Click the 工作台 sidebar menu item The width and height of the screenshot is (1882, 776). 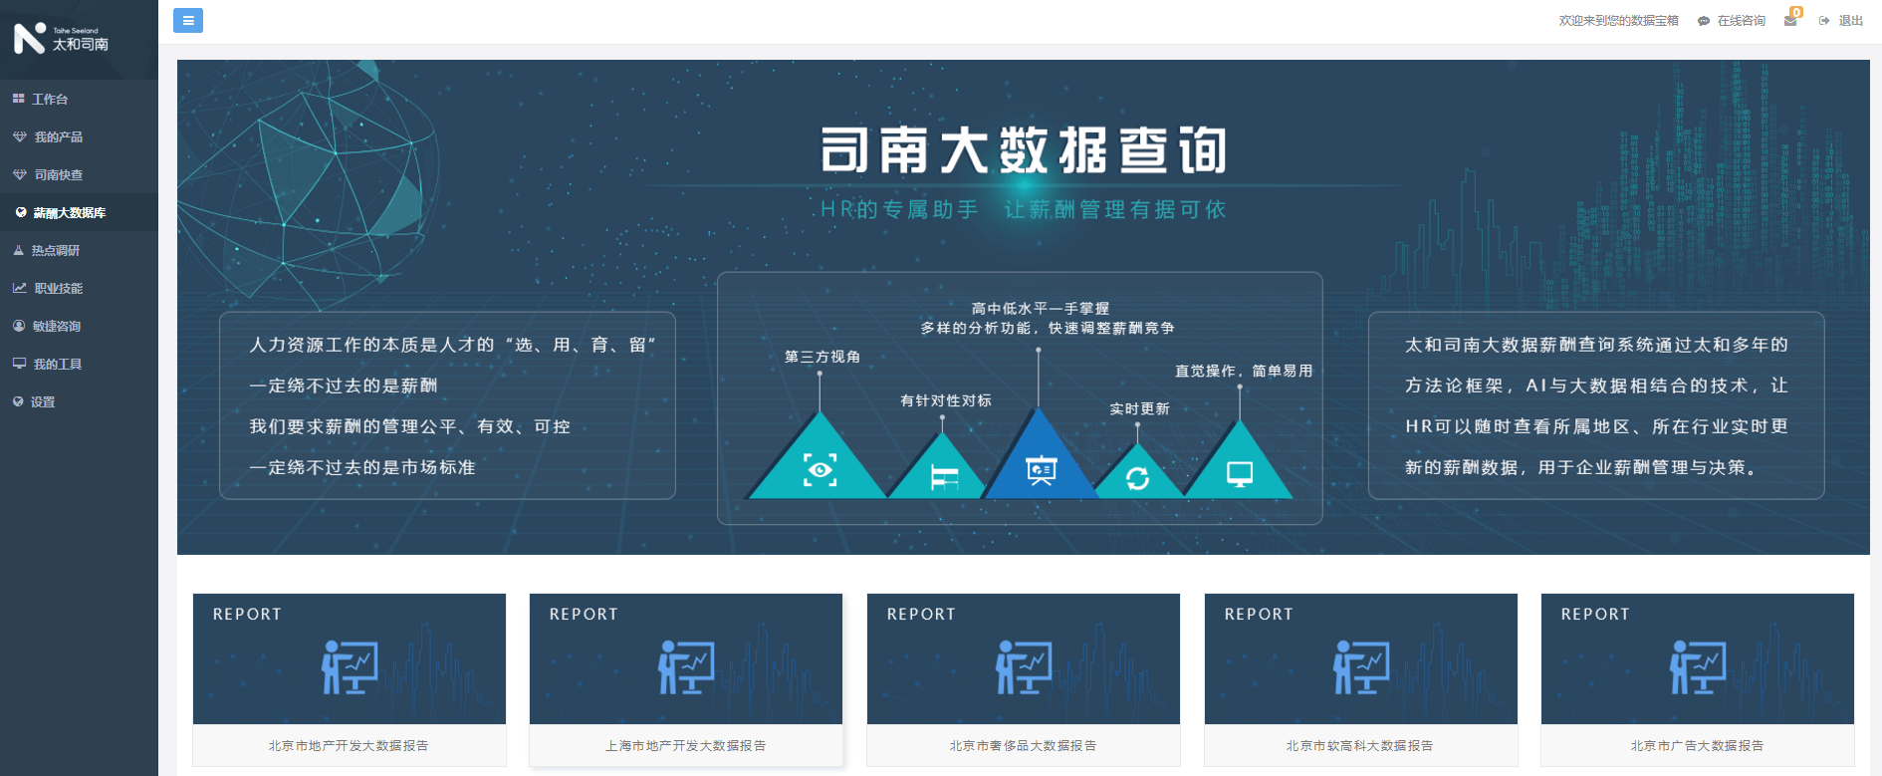(x=50, y=100)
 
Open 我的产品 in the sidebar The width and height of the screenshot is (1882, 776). (x=58, y=137)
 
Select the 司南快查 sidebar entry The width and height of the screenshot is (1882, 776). (x=58, y=175)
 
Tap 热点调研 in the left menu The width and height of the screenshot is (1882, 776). (x=55, y=251)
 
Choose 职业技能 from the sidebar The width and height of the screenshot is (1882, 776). (x=58, y=289)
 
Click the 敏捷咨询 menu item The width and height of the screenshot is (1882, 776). (x=56, y=327)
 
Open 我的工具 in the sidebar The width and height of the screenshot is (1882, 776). (x=57, y=365)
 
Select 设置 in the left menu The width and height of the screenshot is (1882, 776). (x=43, y=402)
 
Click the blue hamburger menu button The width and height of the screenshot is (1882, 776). (x=188, y=20)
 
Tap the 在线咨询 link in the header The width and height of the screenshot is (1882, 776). (x=1741, y=21)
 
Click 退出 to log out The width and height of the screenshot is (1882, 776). (x=1850, y=21)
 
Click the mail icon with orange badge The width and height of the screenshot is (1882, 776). (x=1790, y=20)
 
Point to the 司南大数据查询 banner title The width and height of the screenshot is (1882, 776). (x=1023, y=150)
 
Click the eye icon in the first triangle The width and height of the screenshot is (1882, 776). (x=820, y=470)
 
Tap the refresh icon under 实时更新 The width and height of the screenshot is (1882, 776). (x=1137, y=479)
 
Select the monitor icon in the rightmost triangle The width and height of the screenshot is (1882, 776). (x=1240, y=474)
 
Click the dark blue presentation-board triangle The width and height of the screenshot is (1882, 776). (x=1041, y=469)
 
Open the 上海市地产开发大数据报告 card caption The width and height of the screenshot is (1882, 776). (x=686, y=746)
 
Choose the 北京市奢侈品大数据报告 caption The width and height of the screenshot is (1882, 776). (x=1023, y=746)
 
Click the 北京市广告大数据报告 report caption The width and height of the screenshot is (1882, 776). (x=1697, y=746)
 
